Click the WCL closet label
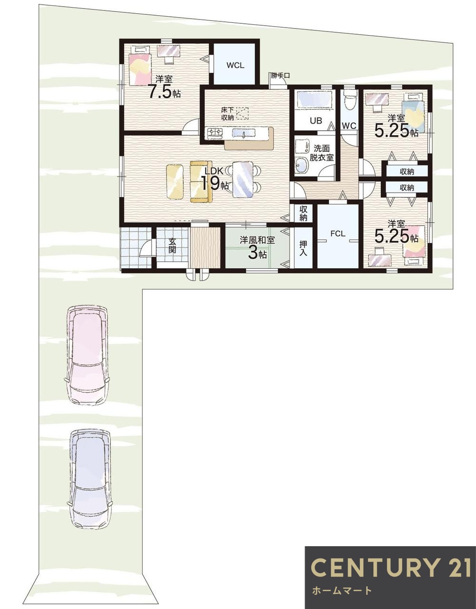click(x=235, y=65)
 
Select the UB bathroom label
click(x=316, y=120)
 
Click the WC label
click(x=349, y=126)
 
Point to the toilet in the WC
click(x=349, y=99)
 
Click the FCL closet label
click(x=337, y=234)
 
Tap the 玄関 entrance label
click(x=172, y=246)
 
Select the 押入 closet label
click(x=303, y=248)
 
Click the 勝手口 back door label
click(x=280, y=76)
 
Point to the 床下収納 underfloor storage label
click(x=228, y=114)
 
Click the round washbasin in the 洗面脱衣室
click(x=302, y=166)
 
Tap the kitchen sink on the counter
click(x=243, y=133)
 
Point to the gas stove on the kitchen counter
click(x=215, y=133)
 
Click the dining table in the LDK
click(x=243, y=179)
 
